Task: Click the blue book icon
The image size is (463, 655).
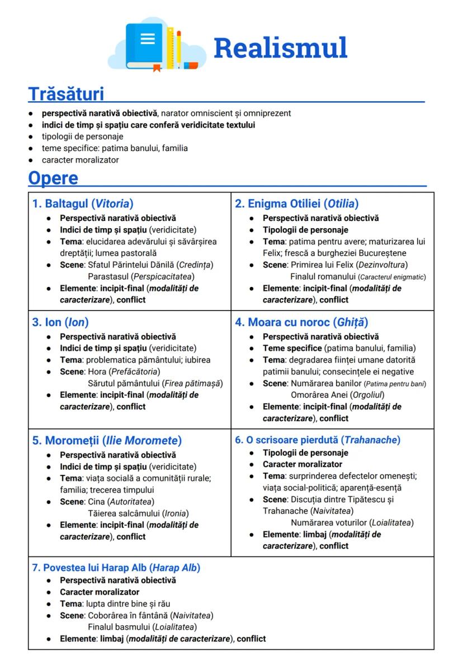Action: pos(147,46)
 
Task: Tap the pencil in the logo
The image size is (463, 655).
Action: pos(179,48)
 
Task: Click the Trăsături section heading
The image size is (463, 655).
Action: pos(66,93)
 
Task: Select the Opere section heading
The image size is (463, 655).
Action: pos(53,178)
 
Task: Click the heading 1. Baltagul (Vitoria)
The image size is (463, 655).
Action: pos(83,204)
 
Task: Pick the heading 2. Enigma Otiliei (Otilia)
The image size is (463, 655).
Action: pos(296,204)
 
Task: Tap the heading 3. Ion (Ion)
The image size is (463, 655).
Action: pos(60,322)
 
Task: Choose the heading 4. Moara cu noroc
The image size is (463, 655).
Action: pos(301,322)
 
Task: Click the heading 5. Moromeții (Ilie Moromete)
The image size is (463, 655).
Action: pos(107,441)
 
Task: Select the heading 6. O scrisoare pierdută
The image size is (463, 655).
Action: pos(318,440)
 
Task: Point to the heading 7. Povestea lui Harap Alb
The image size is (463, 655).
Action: pos(116,568)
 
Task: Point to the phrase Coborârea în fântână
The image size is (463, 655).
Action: pos(125,615)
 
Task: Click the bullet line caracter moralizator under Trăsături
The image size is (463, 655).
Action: pos(80,160)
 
